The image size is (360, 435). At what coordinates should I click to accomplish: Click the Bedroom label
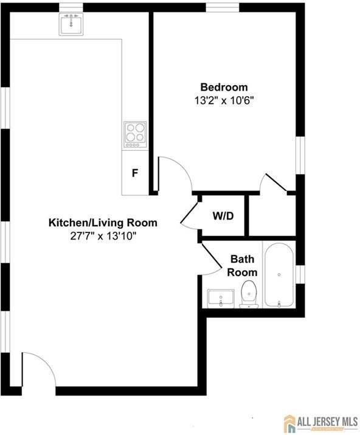click(x=224, y=87)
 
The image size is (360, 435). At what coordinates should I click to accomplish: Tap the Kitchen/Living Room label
click(x=103, y=223)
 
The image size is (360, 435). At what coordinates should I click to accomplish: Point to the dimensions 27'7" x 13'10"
click(x=103, y=235)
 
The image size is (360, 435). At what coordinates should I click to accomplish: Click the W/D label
click(x=223, y=216)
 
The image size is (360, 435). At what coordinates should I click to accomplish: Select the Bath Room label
click(x=242, y=266)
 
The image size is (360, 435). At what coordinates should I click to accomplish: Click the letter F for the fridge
click(x=135, y=173)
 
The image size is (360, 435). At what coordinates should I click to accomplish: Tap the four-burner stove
click(x=135, y=134)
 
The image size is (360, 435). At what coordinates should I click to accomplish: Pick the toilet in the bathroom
click(x=249, y=294)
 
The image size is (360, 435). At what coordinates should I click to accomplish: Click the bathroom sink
click(x=220, y=298)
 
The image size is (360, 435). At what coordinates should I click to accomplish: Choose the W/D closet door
click(x=190, y=214)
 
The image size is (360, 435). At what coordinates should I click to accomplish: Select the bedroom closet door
click(x=274, y=183)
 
